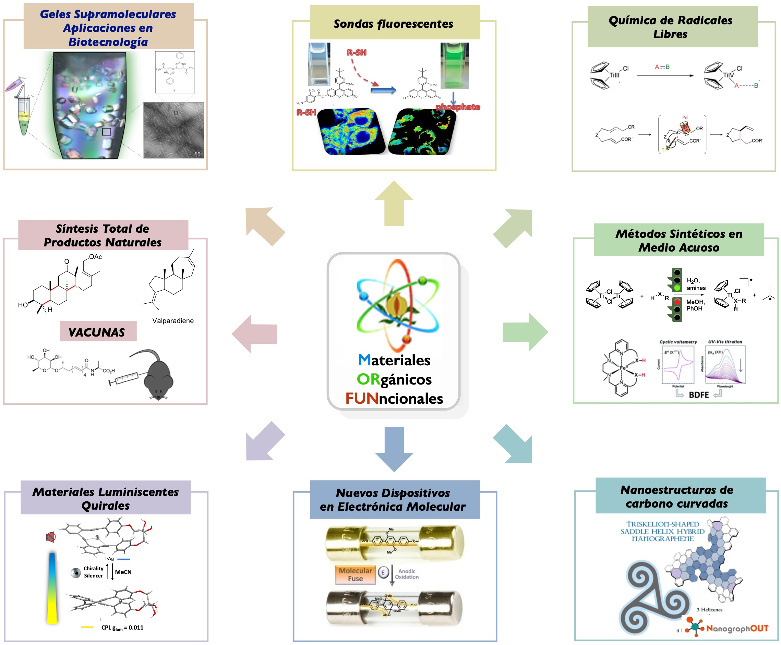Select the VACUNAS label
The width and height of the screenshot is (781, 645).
coord(98,332)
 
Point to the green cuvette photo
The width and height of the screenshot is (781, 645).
coord(454,65)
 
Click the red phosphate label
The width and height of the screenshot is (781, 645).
coord(458,107)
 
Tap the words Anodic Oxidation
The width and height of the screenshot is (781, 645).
coord(407,574)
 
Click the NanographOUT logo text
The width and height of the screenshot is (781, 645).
coord(737,628)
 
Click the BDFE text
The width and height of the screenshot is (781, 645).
coord(699,395)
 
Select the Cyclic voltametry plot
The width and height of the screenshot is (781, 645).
coord(678,364)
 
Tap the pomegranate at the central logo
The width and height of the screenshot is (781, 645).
coord(396,305)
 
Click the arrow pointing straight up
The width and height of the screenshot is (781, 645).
coord(394,203)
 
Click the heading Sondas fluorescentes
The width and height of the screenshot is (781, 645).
coord(393,24)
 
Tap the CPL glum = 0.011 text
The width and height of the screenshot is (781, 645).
coord(122,628)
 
